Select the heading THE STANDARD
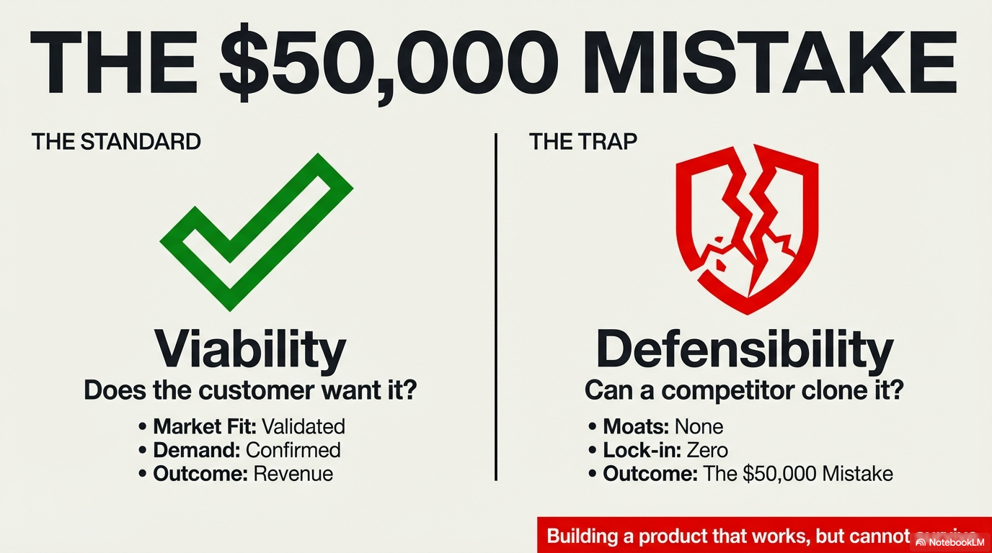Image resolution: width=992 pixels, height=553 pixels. coord(116,141)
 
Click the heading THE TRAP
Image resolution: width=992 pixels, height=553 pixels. coord(583,141)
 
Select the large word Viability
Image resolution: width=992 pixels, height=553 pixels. coord(250,349)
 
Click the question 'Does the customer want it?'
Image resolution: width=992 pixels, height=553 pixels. coord(250,390)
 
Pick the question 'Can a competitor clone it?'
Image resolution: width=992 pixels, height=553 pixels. coord(744,391)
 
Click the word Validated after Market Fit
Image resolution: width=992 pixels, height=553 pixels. coord(303,426)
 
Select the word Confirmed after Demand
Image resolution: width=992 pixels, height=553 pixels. coord(293,450)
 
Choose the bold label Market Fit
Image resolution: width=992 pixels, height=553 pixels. coord(204,426)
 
